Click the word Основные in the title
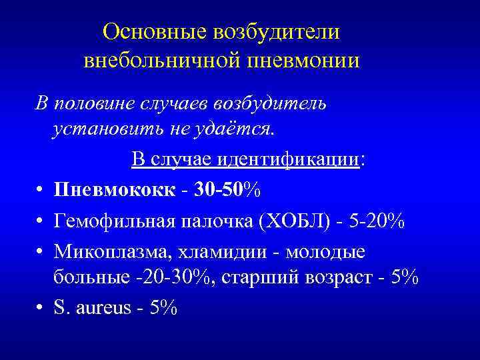[155, 31]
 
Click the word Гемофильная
[118, 221]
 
